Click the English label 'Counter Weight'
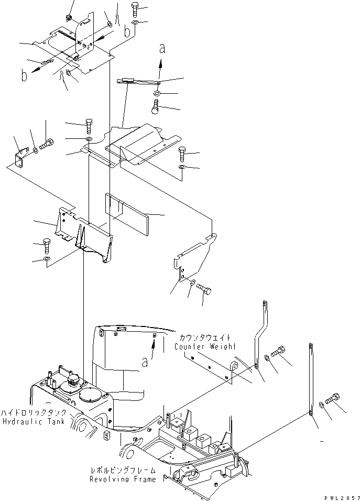coord(205,346)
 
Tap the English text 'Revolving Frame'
coord(122,479)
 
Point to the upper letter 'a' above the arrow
coord(162,49)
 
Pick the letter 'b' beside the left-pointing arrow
coord(24,75)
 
